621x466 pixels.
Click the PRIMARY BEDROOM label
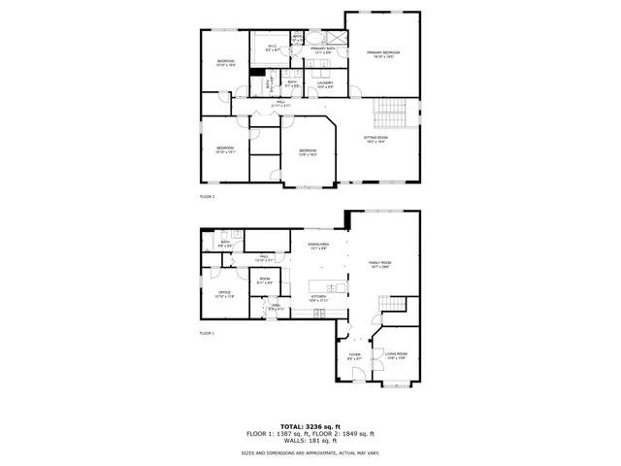tap(383, 53)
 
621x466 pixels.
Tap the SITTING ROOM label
tap(376, 140)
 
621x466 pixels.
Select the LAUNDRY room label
tap(325, 84)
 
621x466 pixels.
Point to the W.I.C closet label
tap(273, 48)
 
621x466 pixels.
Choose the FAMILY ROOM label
tap(379, 264)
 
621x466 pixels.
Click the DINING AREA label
tap(318, 246)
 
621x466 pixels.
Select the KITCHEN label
tap(319, 298)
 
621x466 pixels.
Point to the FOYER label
tap(355, 356)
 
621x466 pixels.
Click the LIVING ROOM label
tap(395, 356)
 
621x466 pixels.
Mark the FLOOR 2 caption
tap(207, 196)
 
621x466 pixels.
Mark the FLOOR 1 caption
tap(207, 333)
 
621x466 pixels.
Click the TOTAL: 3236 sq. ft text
tap(310, 426)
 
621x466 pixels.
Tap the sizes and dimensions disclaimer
tap(310, 453)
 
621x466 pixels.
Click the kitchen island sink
tap(333, 287)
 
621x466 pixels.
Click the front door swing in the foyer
tap(357, 376)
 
